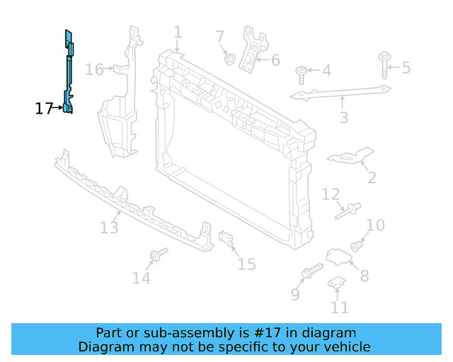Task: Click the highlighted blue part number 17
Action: pyautogui.click(x=68, y=71)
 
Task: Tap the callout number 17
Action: pyautogui.click(x=44, y=109)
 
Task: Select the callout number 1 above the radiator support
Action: pyautogui.click(x=178, y=33)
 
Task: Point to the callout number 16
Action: pyautogui.click(x=94, y=69)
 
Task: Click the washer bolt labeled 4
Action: pyautogui.click(x=302, y=71)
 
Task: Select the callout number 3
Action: pyautogui.click(x=343, y=117)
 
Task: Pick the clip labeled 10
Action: pyautogui.click(x=357, y=247)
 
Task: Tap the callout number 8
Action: pyautogui.click(x=364, y=276)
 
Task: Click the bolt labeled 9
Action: pyautogui.click(x=312, y=271)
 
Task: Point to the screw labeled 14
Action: pyautogui.click(x=158, y=254)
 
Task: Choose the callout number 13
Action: pyautogui.click(x=109, y=228)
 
